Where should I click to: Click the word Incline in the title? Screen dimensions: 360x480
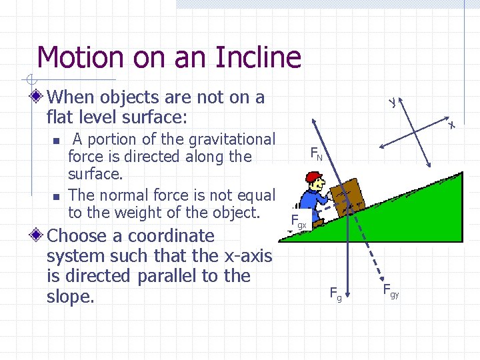pos(258,57)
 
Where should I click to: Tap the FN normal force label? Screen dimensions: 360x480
pos(317,155)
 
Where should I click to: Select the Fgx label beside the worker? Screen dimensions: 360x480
pos(299,221)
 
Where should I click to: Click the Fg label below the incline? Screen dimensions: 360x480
pos(336,293)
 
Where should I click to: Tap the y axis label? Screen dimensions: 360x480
pos(393,101)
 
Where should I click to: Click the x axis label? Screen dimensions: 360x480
pos(451,125)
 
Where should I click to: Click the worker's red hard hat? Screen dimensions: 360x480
pos(312,177)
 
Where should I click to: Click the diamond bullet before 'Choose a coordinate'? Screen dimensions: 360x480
pos(41,236)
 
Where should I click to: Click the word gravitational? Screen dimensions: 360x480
pos(231,139)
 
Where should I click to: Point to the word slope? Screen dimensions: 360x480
pos(69,297)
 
